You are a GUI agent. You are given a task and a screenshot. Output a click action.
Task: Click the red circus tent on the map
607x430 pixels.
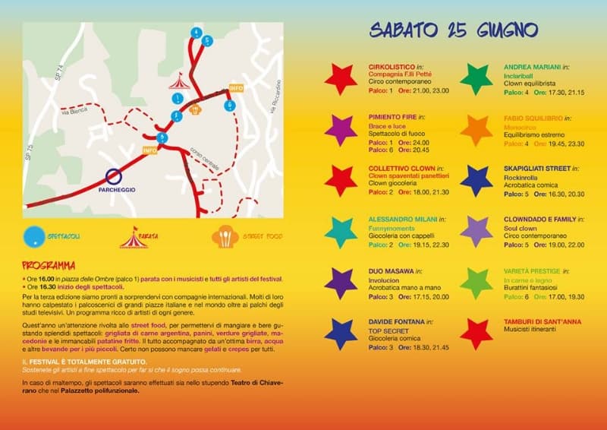(x=178, y=79)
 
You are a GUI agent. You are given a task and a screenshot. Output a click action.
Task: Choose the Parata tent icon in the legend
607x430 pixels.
(x=134, y=238)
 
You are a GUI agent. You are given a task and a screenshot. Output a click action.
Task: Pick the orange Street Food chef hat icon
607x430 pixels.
(x=225, y=237)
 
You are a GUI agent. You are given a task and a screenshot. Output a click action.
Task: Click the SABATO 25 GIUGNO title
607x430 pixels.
(x=454, y=30)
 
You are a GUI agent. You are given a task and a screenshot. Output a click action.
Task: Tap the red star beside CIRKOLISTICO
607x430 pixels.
(x=341, y=78)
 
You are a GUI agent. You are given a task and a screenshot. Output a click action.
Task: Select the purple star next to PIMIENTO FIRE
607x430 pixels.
(x=341, y=130)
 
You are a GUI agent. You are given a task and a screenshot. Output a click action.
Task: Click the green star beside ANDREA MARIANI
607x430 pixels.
(x=476, y=78)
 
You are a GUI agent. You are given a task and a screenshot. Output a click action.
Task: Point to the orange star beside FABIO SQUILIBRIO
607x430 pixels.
(x=476, y=130)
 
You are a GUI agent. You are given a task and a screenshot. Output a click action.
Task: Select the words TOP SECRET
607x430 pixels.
(x=385, y=332)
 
